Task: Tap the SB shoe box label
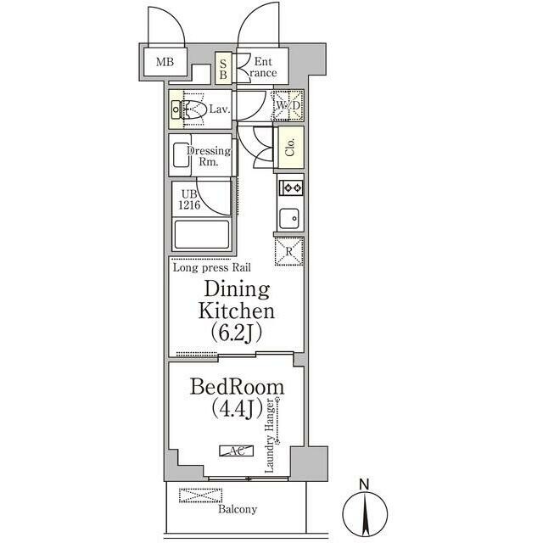(x=224, y=68)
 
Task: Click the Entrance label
(x=262, y=67)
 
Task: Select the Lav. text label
(x=219, y=109)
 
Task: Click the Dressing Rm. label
(x=209, y=156)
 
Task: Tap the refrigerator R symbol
(x=289, y=251)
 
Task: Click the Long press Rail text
(x=211, y=267)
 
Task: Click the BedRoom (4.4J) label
(x=237, y=397)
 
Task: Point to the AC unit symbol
(x=233, y=451)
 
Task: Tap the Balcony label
(x=237, y=510)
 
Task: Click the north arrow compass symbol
(x=365, y=509)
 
